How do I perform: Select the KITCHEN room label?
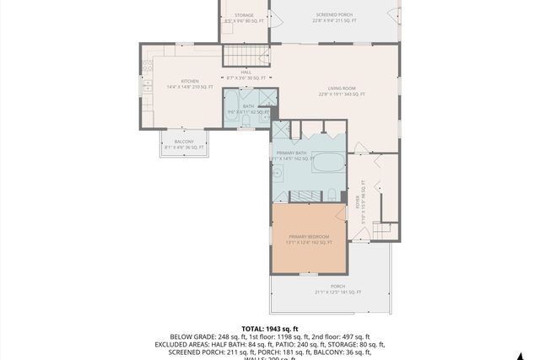tap(177, 81)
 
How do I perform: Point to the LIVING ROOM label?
tap(342, 88)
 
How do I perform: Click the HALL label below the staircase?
tap(246, 73)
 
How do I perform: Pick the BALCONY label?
tap(184, 141)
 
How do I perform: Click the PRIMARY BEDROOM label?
tap(308, 237)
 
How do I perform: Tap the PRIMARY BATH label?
tap(290, 153)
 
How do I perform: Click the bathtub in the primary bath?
tap(327, 162)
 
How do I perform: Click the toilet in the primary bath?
tap(332, 196)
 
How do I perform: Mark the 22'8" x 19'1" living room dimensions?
tap(342, 94)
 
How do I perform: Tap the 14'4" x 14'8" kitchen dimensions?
tap(177, 87)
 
